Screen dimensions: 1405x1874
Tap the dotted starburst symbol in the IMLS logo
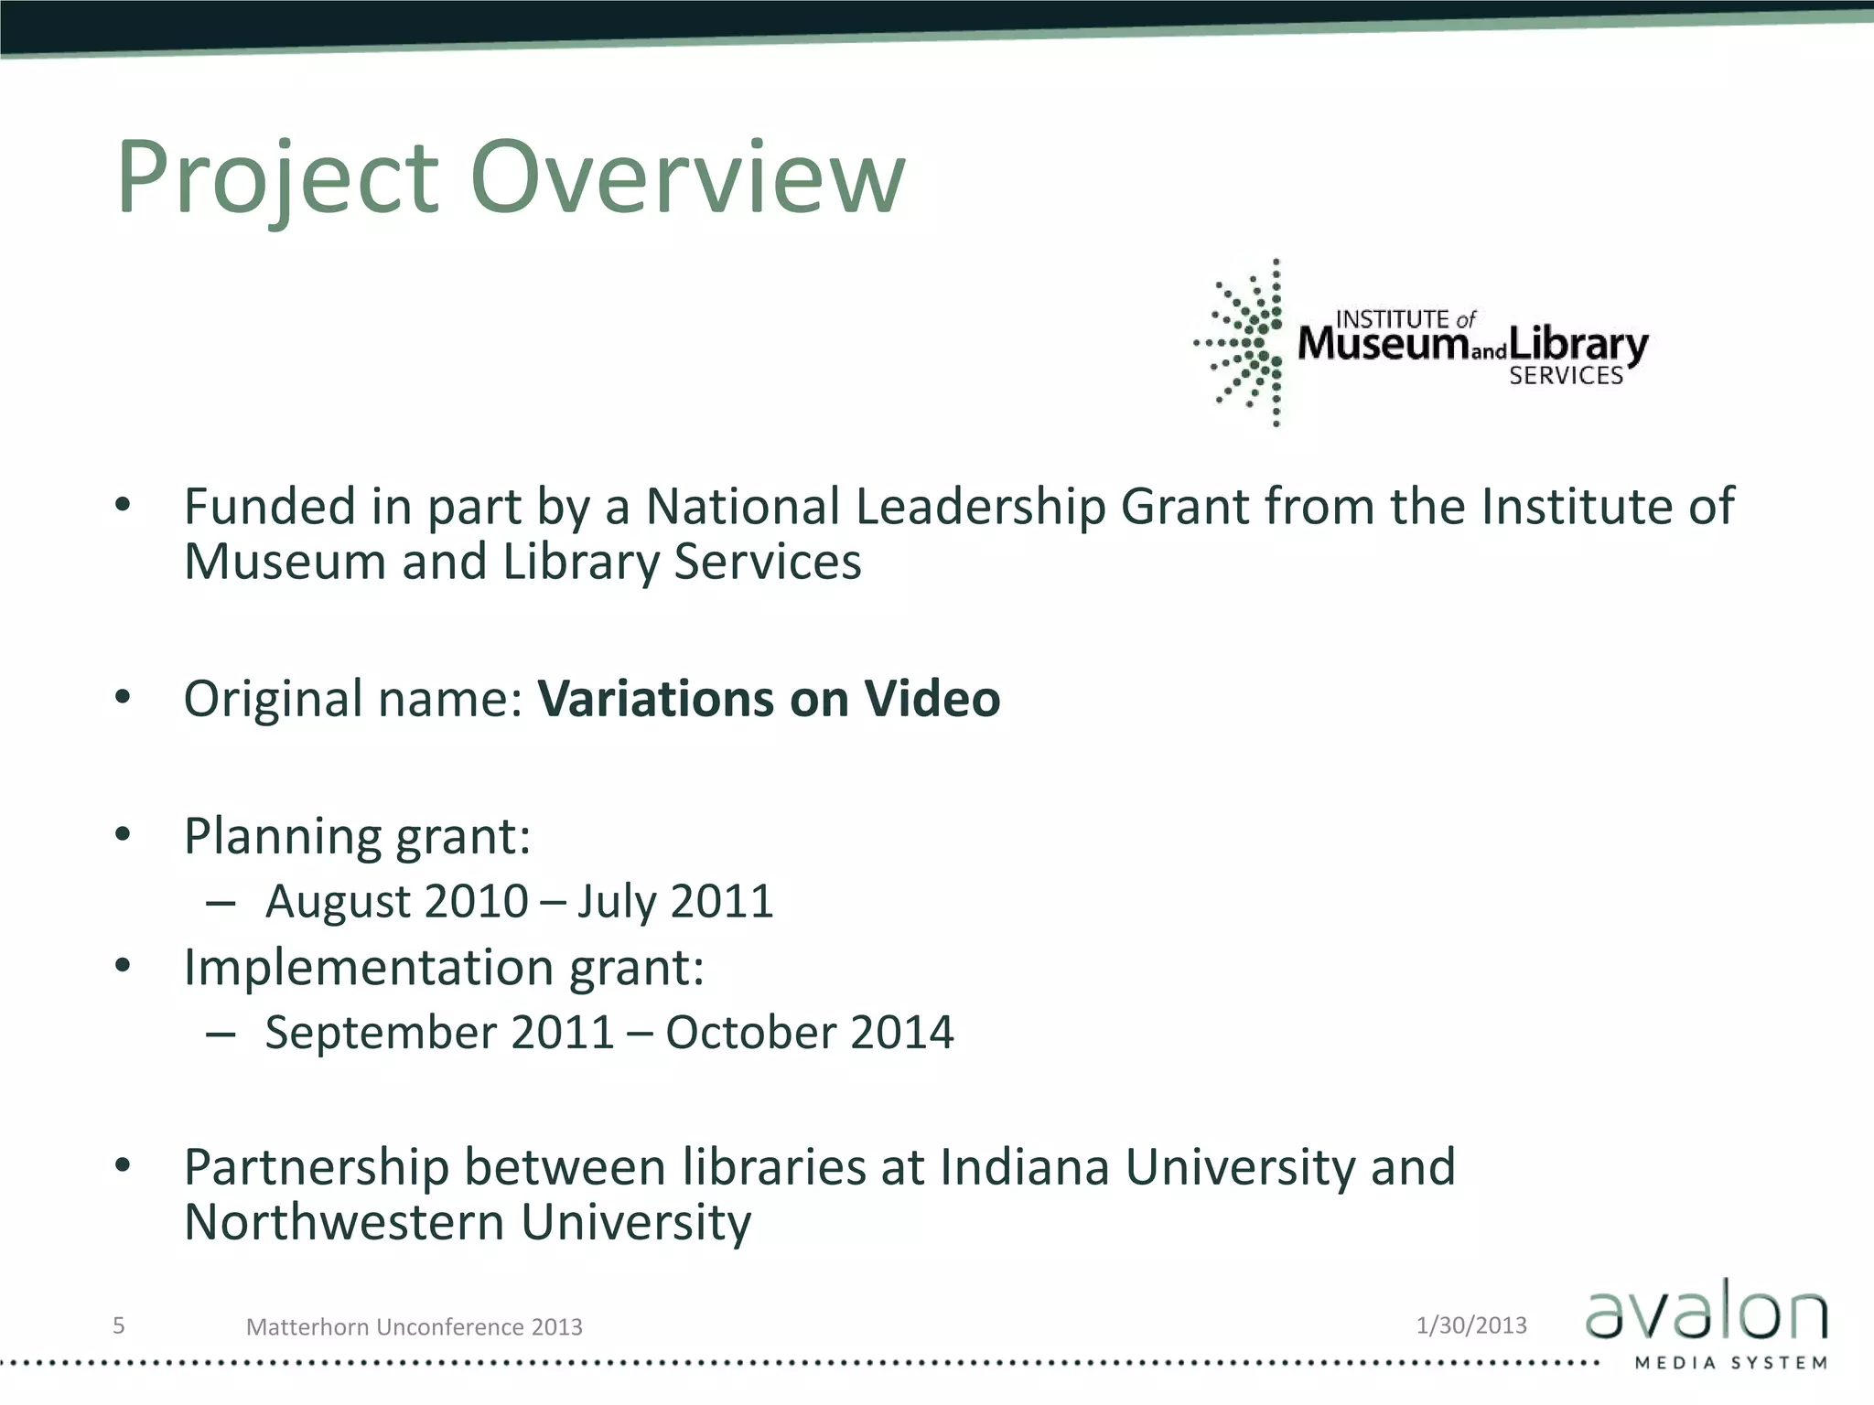tap(1244, 344)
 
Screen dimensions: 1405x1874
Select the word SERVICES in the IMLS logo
tap(1566, 376)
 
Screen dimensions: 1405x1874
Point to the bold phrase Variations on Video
tap(769, 699)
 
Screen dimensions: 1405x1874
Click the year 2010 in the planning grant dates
tap(476, 901)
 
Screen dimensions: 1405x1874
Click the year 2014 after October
tap(901, 1033)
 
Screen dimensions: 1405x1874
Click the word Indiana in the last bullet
tap(1024, 1167)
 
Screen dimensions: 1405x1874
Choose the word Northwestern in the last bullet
tap(344, 1222)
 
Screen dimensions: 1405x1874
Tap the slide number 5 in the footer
tap(118, 1325)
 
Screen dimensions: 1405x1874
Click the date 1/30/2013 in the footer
tap(1471, 1325)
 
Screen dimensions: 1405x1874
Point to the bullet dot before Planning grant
tap(124, 834)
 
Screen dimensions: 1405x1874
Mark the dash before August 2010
tap(221, 904)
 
